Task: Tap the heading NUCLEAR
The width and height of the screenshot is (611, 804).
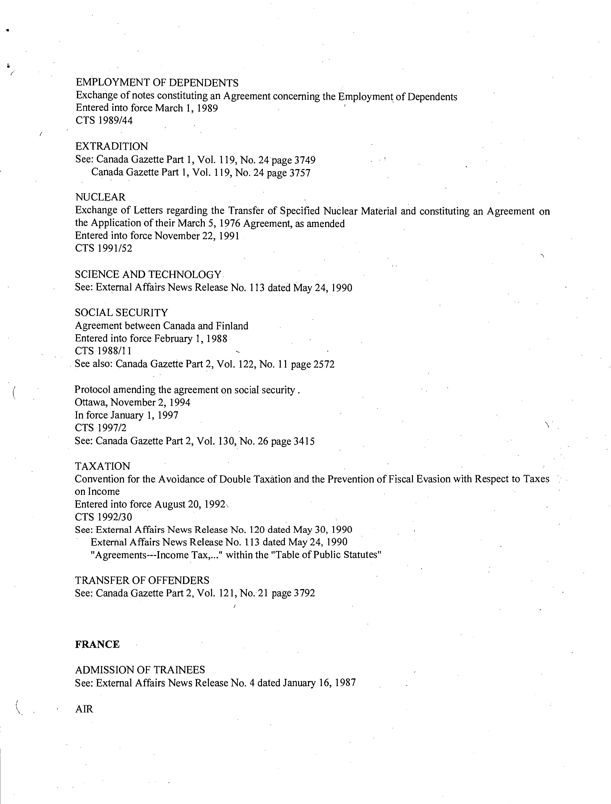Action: click(x=100, y=197)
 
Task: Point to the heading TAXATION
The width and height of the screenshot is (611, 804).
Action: click(x=102, y=466)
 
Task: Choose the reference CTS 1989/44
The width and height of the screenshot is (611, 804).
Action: click(x=104, y=120)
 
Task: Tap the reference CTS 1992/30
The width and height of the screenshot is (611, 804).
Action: click(x=104, y=517)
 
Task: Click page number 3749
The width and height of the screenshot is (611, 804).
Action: click(x=305, y=160)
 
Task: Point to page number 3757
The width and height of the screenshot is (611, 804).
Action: click(x=300, y=173)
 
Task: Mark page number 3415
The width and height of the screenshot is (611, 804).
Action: click(x=304, y=441)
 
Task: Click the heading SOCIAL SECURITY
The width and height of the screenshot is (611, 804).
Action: click(x=122, y=313)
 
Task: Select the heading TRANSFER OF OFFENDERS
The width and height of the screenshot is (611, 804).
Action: click(x=142, y=580)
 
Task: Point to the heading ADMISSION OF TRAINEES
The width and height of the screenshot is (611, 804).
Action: click(x=140, y=670)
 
